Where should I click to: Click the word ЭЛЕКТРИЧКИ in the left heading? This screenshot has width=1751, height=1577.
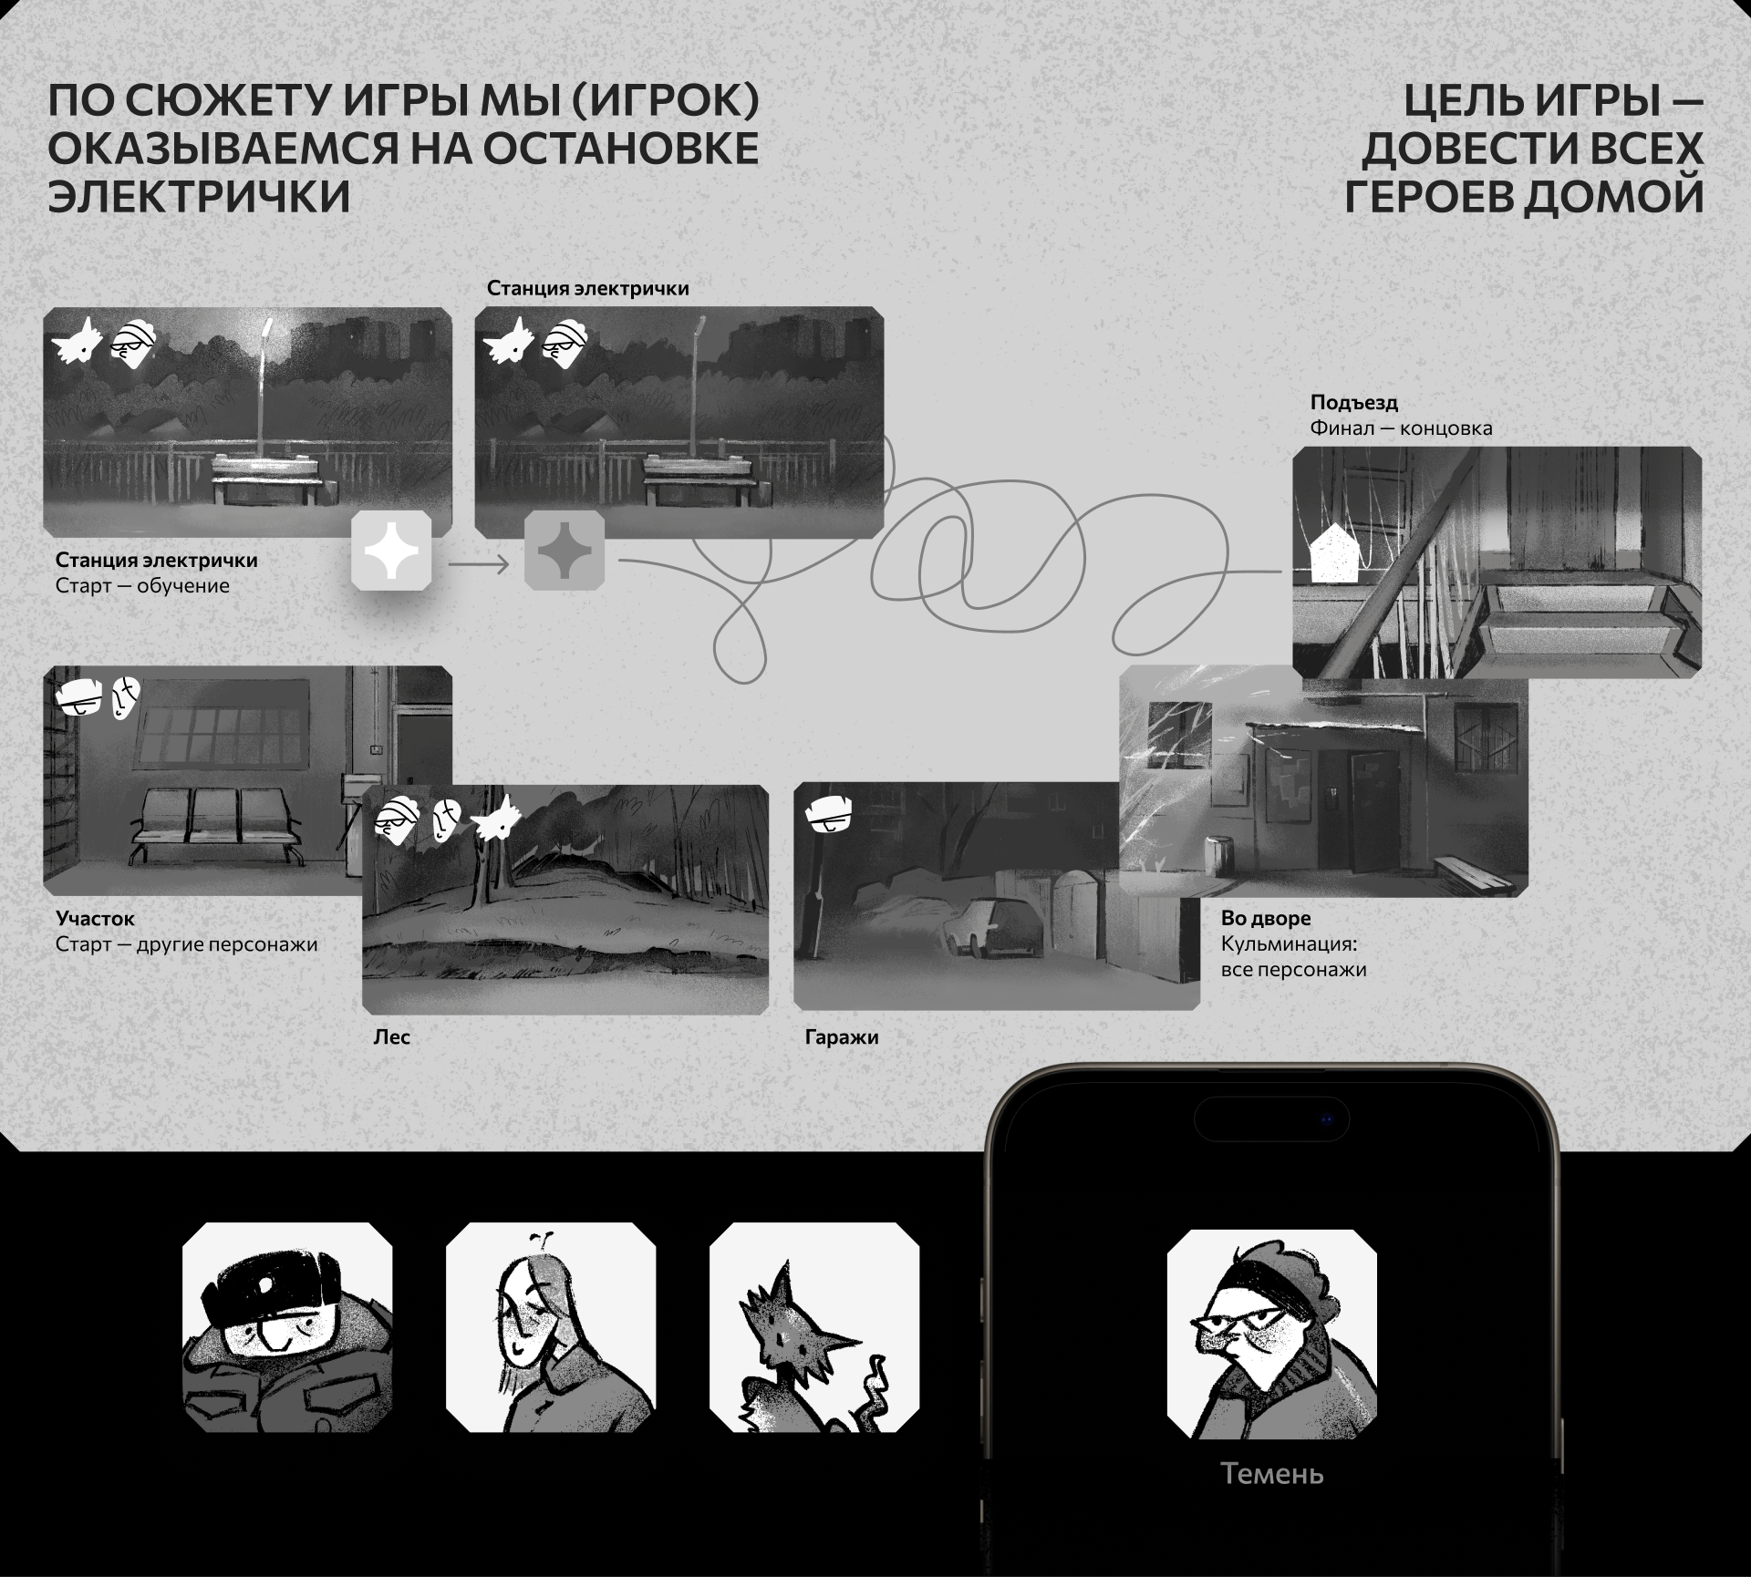(x=200, y=196)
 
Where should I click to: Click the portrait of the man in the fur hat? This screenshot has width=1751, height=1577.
(x=287, y=1328)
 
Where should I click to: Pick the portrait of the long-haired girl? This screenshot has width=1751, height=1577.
(x=551, y=1328)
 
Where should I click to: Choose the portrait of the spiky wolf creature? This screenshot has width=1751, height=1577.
(x=814, y=1328)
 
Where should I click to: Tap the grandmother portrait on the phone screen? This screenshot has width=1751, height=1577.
(x=1272, y=1335)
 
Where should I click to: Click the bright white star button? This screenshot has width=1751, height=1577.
(x=391, y=551)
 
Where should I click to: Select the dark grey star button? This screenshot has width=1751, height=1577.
(x=565, y=551)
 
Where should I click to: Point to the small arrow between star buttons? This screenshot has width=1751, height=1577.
(x=478, y=565)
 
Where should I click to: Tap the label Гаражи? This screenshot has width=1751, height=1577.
(x=842, y=1037)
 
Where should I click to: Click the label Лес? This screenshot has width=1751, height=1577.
(x=392, y=1037)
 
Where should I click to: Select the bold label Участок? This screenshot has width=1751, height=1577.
(x=95, y=919)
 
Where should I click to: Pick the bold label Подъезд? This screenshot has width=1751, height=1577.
(x=1354, y=403)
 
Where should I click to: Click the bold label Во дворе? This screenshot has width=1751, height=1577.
(x=1266, y=919)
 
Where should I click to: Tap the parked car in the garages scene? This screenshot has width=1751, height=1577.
(x=994, y=927)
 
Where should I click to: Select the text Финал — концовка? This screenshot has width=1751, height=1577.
(x=1401, y=428)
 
